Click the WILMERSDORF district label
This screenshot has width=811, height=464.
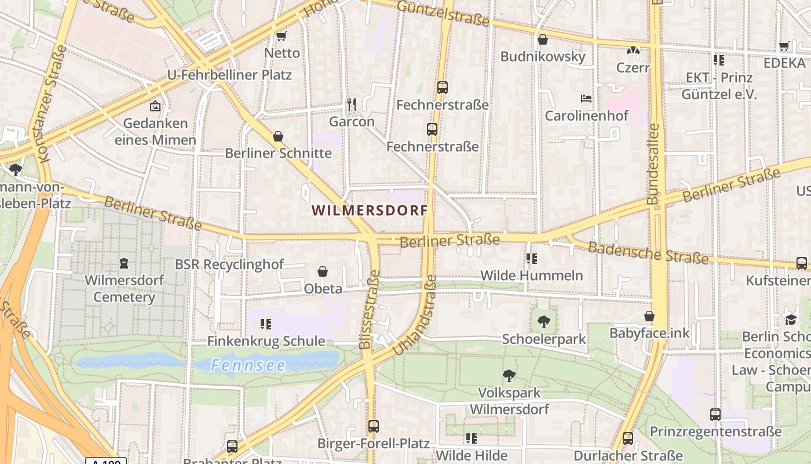(370, 210)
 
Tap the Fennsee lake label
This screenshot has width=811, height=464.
(248, 365)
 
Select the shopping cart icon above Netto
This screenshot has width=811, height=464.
(282, 37)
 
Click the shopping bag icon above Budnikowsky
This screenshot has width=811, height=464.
(543, 39)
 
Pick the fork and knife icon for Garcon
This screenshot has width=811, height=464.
(351, 104)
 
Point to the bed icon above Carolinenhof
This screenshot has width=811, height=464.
(586, 99)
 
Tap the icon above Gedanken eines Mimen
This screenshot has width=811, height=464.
(155, 106)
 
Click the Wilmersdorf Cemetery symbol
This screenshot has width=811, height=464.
(124, 263)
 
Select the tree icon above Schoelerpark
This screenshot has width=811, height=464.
(543, 321)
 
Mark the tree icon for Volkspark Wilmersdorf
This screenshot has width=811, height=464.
(509, 375)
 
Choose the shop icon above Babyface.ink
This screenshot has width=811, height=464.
(649, 316)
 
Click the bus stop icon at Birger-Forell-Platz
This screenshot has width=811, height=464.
(373, 426)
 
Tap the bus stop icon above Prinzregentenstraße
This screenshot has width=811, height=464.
(715, 415)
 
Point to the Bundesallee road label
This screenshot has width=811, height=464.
(653, 164)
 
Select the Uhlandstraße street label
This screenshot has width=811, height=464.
(415, 316)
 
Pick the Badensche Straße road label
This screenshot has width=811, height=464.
(648, 253)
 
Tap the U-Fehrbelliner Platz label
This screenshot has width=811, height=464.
(229, 75)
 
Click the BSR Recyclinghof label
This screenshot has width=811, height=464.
(229, 264)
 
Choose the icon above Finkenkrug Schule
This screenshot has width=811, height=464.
(266, 324)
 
